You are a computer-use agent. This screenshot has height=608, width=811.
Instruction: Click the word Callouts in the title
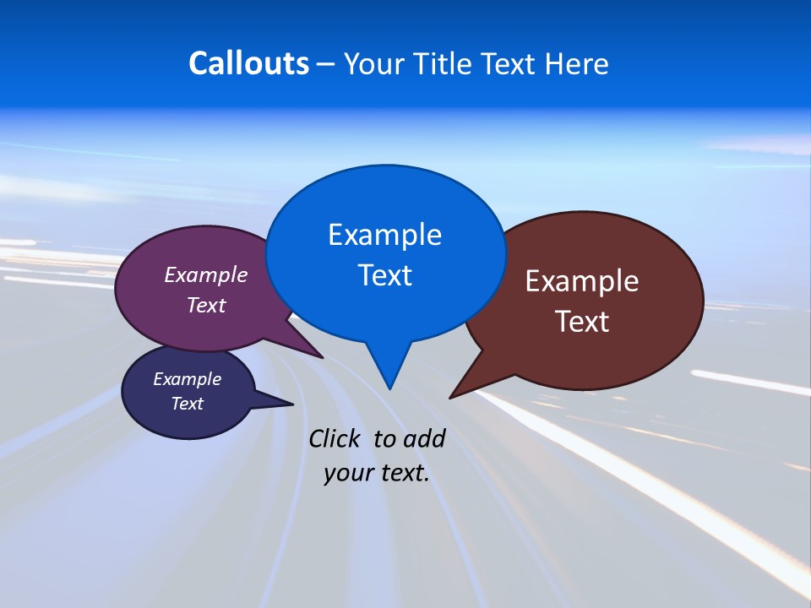click(248, 63)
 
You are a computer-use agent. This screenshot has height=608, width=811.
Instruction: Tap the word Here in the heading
click(578, 63)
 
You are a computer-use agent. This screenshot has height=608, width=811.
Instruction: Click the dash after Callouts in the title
click(326, 64)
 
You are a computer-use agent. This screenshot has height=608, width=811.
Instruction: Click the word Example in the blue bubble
click(384, 235)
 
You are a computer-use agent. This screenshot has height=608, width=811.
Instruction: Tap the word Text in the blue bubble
click(384, 275)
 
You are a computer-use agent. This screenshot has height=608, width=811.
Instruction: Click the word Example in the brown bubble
click(582, 281)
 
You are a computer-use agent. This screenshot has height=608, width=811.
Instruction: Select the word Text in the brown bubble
click(582, 322)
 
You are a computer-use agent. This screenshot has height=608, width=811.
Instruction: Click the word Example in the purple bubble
click(206, 274)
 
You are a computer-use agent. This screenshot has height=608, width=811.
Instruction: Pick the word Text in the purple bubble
click(206, 305)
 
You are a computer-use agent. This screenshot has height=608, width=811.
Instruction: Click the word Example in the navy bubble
click(188, 379)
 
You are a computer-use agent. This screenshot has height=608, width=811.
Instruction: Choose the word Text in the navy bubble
click(188, 404)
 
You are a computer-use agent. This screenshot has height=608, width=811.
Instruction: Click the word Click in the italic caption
click(335, 438)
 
